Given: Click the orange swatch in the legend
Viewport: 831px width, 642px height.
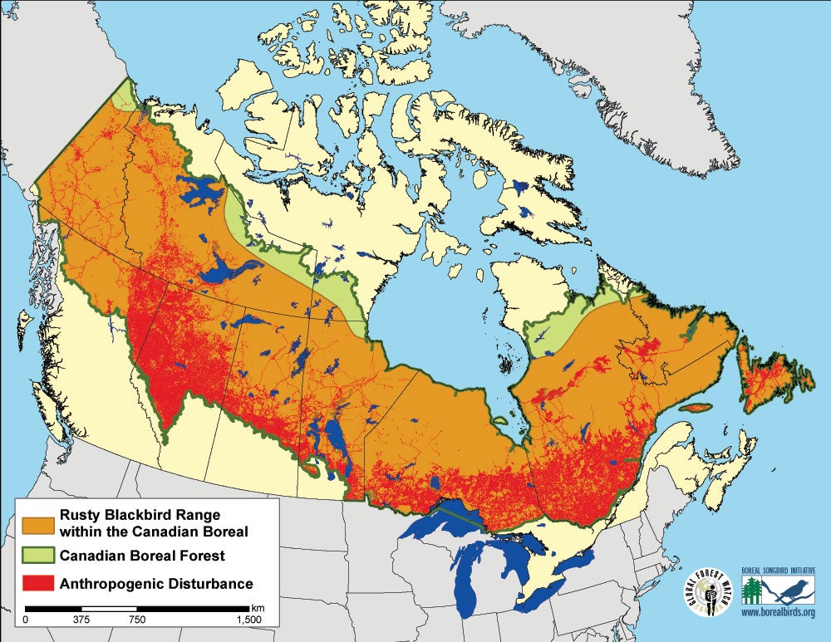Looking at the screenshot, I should pos(39,522).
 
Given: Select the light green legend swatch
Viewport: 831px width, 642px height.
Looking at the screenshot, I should pos(39,554).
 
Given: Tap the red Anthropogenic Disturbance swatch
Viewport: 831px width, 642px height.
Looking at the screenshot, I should pos(39,583).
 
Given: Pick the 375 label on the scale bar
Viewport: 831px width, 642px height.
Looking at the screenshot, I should pos(81,620).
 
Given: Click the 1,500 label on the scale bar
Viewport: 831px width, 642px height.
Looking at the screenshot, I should pos(248,620).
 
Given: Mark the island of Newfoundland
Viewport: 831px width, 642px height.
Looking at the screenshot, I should pos(773,378).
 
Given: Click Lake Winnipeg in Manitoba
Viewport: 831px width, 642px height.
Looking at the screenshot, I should pos(333,440).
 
